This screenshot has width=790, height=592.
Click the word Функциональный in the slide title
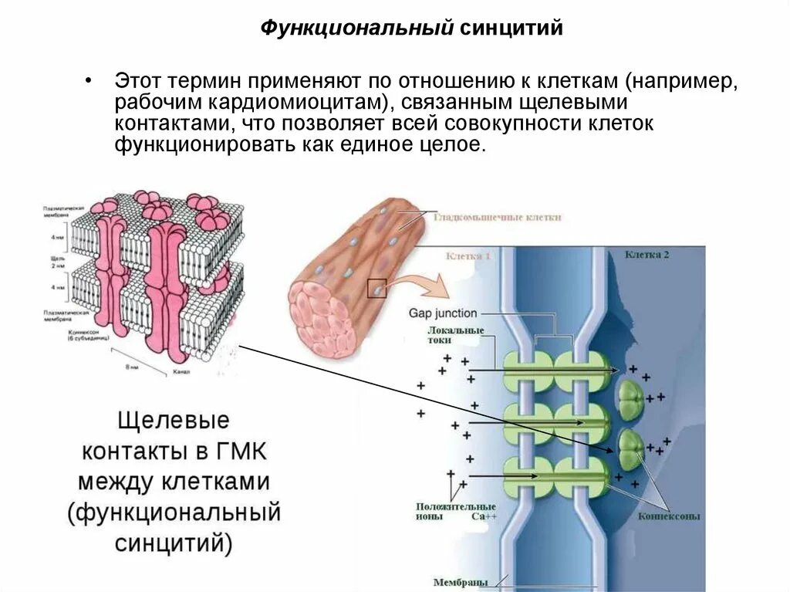point(356,29)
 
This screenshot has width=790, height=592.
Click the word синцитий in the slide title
point(512,29)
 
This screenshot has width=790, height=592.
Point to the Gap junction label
point(443,313)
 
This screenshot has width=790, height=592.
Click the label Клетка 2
point(647,255)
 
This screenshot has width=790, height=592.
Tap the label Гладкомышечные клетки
point(497,218)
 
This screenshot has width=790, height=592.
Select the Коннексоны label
point(669,516)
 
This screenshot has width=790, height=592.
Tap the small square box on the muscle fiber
point(376,287)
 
